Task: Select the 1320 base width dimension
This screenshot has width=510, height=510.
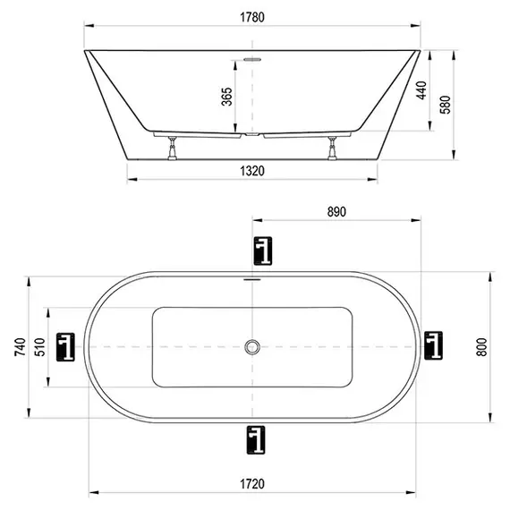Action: [x=254, y=173]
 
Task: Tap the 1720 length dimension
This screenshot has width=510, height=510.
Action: [x=254, y=484]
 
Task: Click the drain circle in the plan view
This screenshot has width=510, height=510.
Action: [x=253, y=346]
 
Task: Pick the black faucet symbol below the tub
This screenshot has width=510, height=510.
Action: [x=258, y=439]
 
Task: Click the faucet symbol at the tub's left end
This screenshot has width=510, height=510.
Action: [x=66, y=346]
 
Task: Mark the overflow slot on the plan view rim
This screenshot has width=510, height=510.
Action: [x=253, y=278]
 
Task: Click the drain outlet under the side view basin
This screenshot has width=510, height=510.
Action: [x=253, y=136]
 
